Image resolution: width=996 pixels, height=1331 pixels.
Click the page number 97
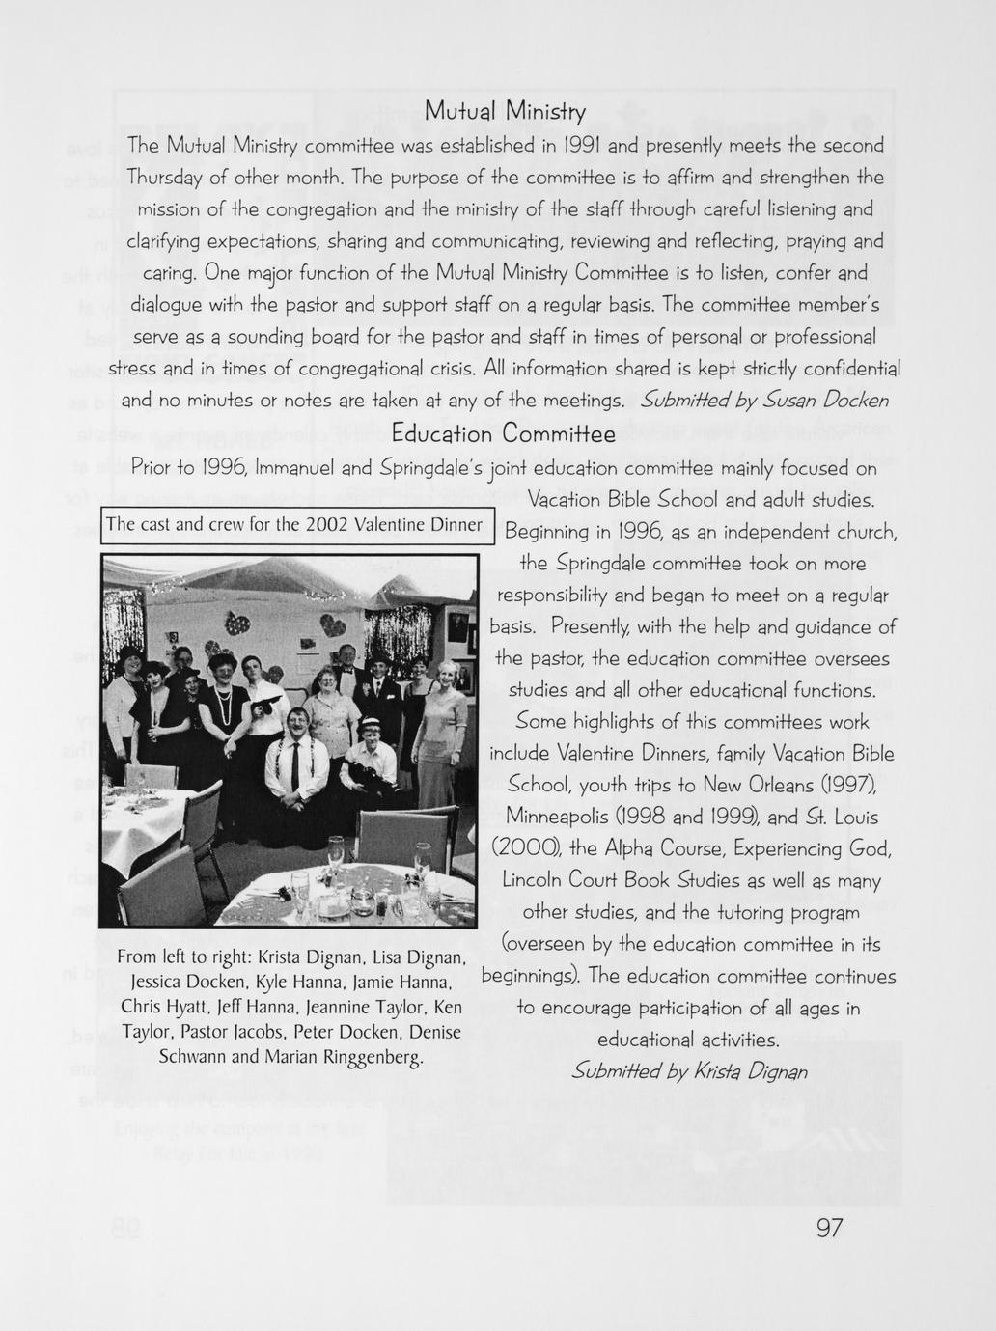830,1228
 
